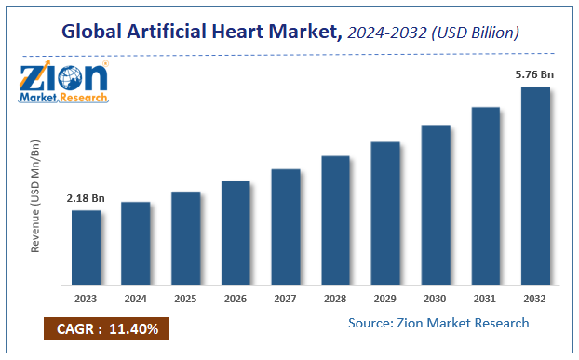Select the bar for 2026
tap(236, 232)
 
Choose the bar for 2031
tap(485, 194)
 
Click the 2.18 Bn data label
tap(85, 199)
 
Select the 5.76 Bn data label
tap(534, 74)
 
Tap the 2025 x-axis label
tap(185, 299)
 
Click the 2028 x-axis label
tap(335, 299)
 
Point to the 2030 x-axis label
tap(435, 299)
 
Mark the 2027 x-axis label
tap(285, 299)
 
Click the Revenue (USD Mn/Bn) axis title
tap(35, 197)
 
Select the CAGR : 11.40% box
tap(106, 328)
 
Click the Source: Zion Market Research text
tap(438, 323)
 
